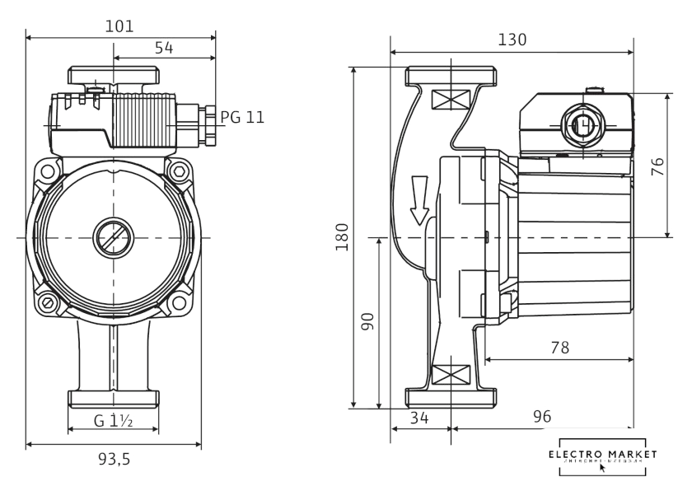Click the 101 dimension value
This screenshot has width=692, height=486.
click(x=120, y=26)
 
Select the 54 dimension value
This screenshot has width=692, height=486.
click(x=164, y=49)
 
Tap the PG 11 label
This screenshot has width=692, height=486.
click(x=243, y=117)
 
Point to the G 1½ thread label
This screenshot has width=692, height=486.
click(x=114, y=420)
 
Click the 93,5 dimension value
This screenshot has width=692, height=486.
click(x=114, y=460)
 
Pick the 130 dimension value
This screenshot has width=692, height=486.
click(x=512, y=40)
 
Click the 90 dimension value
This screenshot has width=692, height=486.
click(x=367, y=321)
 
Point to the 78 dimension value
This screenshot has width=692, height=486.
click(x=559, y=348)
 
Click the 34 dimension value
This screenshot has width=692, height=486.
click(x=419, y=418)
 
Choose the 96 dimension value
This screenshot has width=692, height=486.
click(x=541, y=418)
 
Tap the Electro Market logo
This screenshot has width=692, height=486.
click(x=603, y=457)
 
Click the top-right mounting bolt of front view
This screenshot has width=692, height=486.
click(x=179, y=171)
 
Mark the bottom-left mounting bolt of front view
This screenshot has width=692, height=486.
click(x=48, y=304)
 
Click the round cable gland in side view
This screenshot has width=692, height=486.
click(x=583, y=125)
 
